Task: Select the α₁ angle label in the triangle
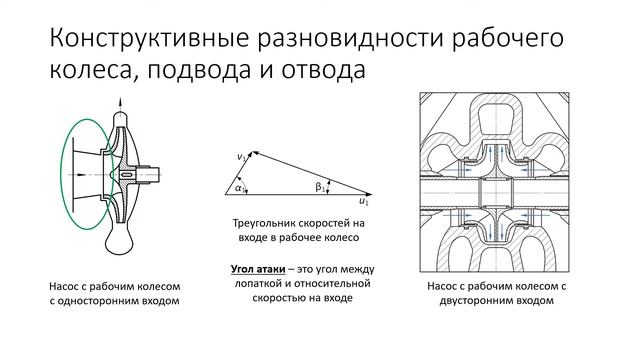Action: [x=241, y=186]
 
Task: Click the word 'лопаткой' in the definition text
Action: [x=259, y=284]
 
